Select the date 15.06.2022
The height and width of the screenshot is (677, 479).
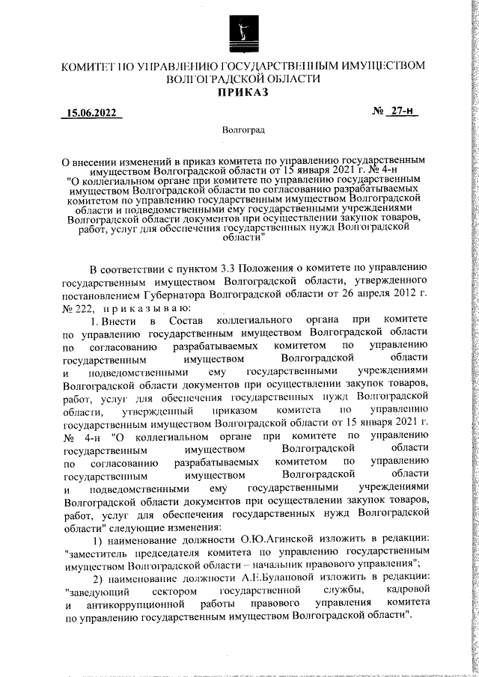click(91, 114)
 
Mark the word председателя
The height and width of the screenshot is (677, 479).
click(170, 553)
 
